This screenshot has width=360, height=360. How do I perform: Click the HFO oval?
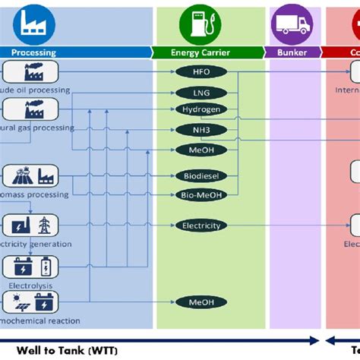(x=201, y=72)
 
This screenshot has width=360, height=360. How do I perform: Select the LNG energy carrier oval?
(x=201, y=92)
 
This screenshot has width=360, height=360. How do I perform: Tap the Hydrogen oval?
(x=201, y=109)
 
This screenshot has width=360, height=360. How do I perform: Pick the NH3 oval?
(x=201, y=129)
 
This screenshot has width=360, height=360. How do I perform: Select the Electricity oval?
(x=201, y=225)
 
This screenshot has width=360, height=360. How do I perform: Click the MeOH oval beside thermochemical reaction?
(x=201, y=302)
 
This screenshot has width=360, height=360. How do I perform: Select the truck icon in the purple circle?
(x=292, y=25)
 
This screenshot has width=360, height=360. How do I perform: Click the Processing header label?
(x=34, y=52)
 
